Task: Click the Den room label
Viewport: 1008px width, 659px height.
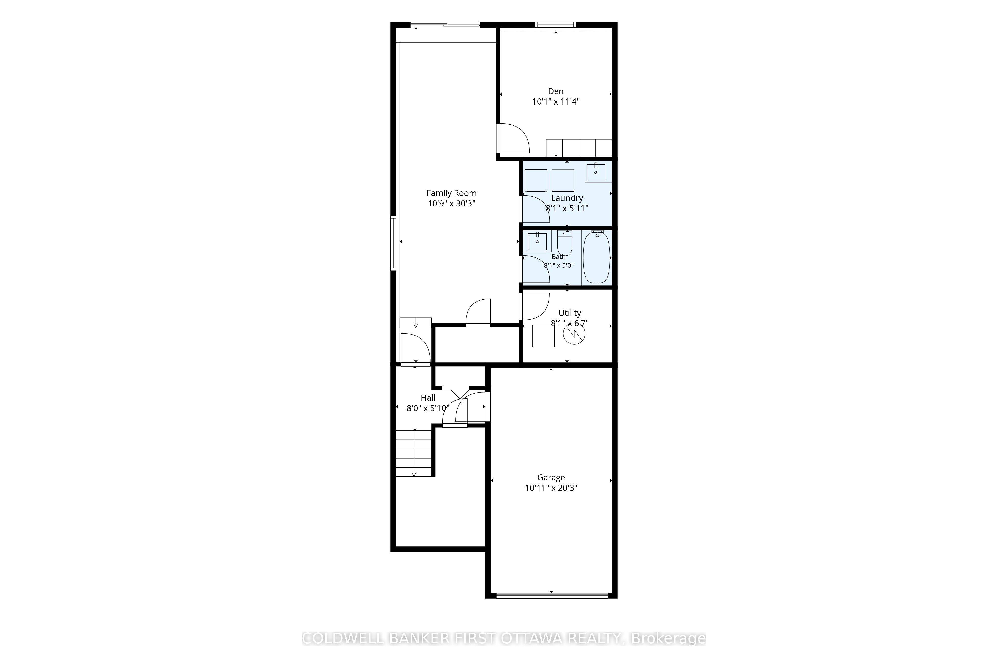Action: [556, 91]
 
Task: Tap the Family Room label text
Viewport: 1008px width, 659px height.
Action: [452, 193]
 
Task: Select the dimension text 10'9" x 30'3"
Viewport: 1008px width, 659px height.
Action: [452, 203]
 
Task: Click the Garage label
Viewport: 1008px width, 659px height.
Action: [551, 477]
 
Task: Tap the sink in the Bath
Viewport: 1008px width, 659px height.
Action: [537, 241]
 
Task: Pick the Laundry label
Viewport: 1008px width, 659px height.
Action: [567, 198]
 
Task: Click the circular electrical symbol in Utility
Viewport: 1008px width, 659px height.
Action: [574, 334]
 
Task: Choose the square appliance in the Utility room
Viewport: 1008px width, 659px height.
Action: [543, 336]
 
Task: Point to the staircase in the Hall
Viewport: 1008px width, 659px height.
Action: [414, 453]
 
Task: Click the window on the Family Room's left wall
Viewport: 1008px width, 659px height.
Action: [97, 242]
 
